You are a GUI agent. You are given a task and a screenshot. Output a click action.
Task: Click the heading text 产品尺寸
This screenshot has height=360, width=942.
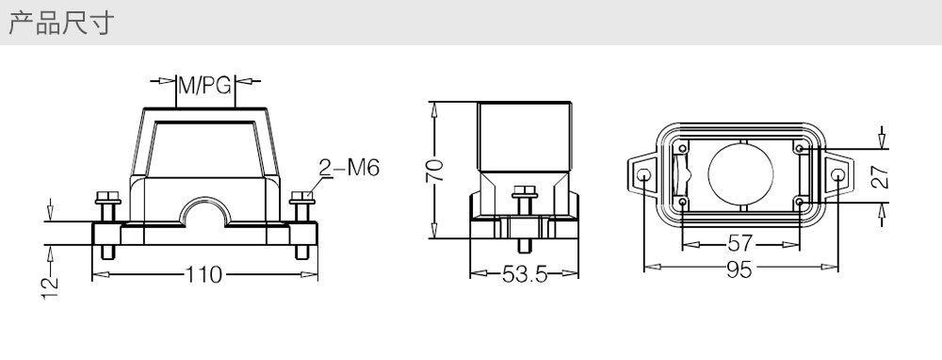coord(60,23)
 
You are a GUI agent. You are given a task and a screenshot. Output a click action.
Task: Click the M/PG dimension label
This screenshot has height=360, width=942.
coord(204,86)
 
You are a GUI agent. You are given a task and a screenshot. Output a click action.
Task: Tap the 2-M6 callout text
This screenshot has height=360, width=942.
coord(349,168)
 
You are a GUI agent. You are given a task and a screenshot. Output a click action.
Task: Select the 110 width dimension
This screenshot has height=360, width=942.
coord(203,274)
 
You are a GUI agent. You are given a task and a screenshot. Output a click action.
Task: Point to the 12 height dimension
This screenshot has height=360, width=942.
coord(51,287)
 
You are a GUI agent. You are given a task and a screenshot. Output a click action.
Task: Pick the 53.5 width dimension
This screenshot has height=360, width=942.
coord(525,274)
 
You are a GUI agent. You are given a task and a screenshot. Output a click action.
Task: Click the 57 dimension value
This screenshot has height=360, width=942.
coord(739,243)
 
